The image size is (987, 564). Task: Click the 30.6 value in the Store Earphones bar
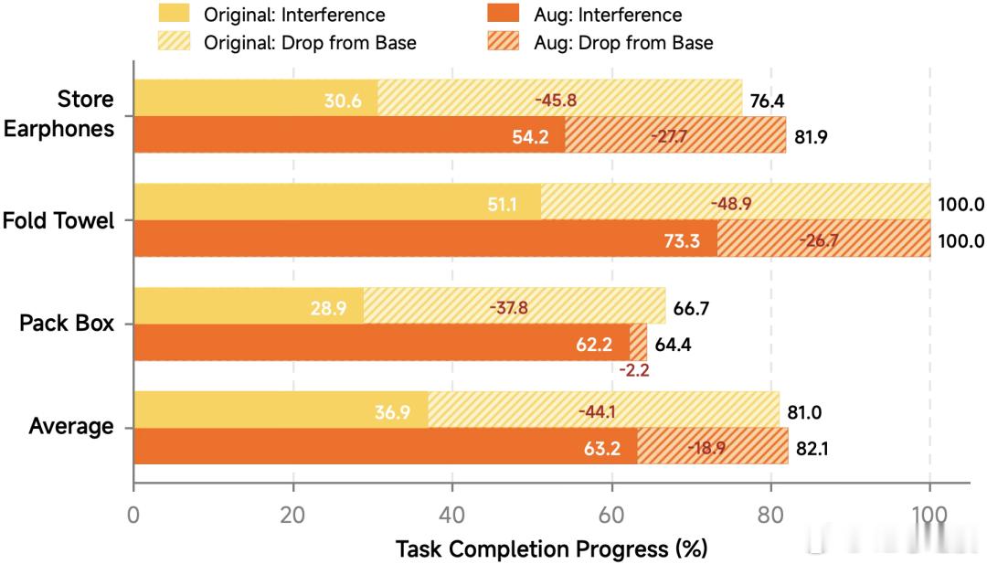343,101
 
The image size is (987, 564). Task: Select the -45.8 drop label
556,100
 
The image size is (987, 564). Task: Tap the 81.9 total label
811,136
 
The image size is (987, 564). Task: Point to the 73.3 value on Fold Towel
682,240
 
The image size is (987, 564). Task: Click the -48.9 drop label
731,204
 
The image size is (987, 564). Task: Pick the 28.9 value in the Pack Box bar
329,308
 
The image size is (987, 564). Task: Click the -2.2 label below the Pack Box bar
634,370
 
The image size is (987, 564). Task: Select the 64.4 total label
673,345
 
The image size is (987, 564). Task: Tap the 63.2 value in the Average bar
602,448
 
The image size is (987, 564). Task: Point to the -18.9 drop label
706,448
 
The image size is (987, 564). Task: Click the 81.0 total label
804,412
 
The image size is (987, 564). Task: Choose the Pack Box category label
67,323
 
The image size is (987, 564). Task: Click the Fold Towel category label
58,221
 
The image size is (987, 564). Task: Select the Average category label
71,427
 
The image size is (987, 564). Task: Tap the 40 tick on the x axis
452,515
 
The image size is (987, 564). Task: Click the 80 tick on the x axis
770,515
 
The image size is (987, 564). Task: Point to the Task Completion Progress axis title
551,548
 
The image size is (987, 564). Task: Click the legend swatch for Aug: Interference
503,13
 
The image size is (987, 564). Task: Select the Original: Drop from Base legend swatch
174,41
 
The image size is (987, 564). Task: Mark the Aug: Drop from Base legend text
624,43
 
